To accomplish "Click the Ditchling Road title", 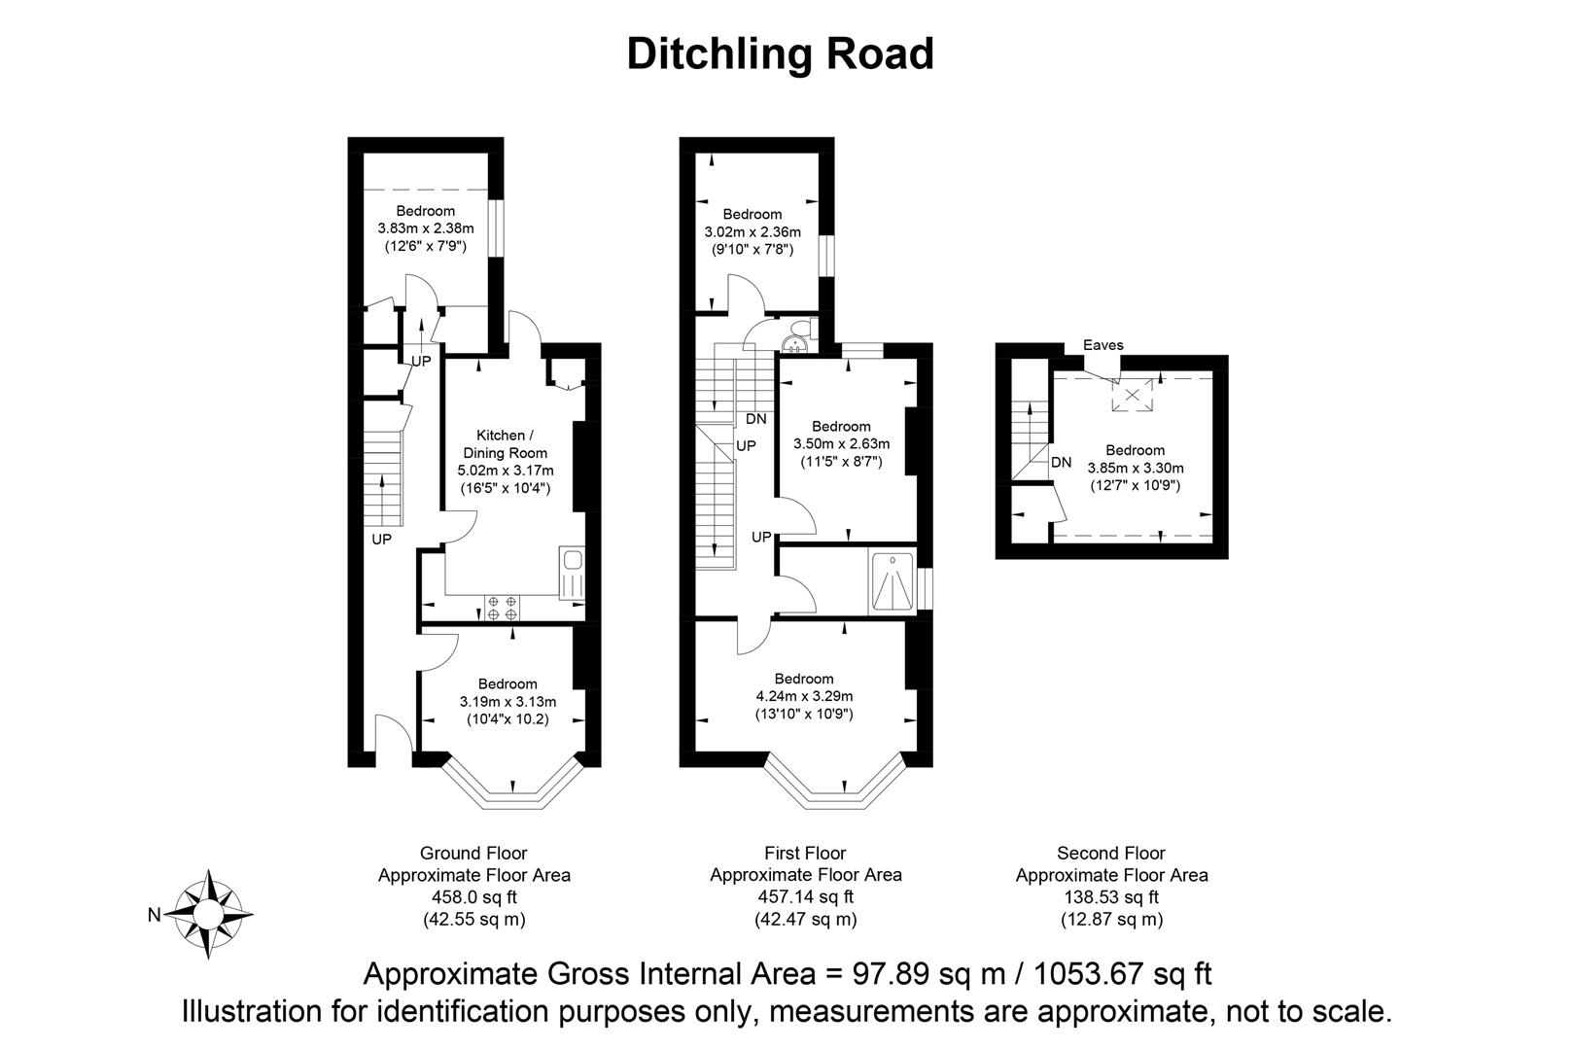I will tap(780, 53).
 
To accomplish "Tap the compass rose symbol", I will tap(210, 914).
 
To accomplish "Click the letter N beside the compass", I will tap(154, 914).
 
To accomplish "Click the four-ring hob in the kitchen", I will tap(503, 608).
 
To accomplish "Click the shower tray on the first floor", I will tap(892, 583).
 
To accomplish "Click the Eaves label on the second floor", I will tap(1103, 344).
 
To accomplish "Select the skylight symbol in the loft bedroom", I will tap(1132, 395).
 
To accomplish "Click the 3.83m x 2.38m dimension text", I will tap(425, 228).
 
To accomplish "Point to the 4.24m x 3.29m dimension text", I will tap(804, 696).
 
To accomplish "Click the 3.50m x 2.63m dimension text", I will tap(841, 443).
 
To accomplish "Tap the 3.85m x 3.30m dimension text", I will tap(1135, 468).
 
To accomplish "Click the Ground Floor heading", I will tap(473, 854).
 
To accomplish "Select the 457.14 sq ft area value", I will tap(805, 896).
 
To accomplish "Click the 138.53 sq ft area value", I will tap(1111, 896).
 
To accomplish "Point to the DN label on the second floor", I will tap(1061, 462).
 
